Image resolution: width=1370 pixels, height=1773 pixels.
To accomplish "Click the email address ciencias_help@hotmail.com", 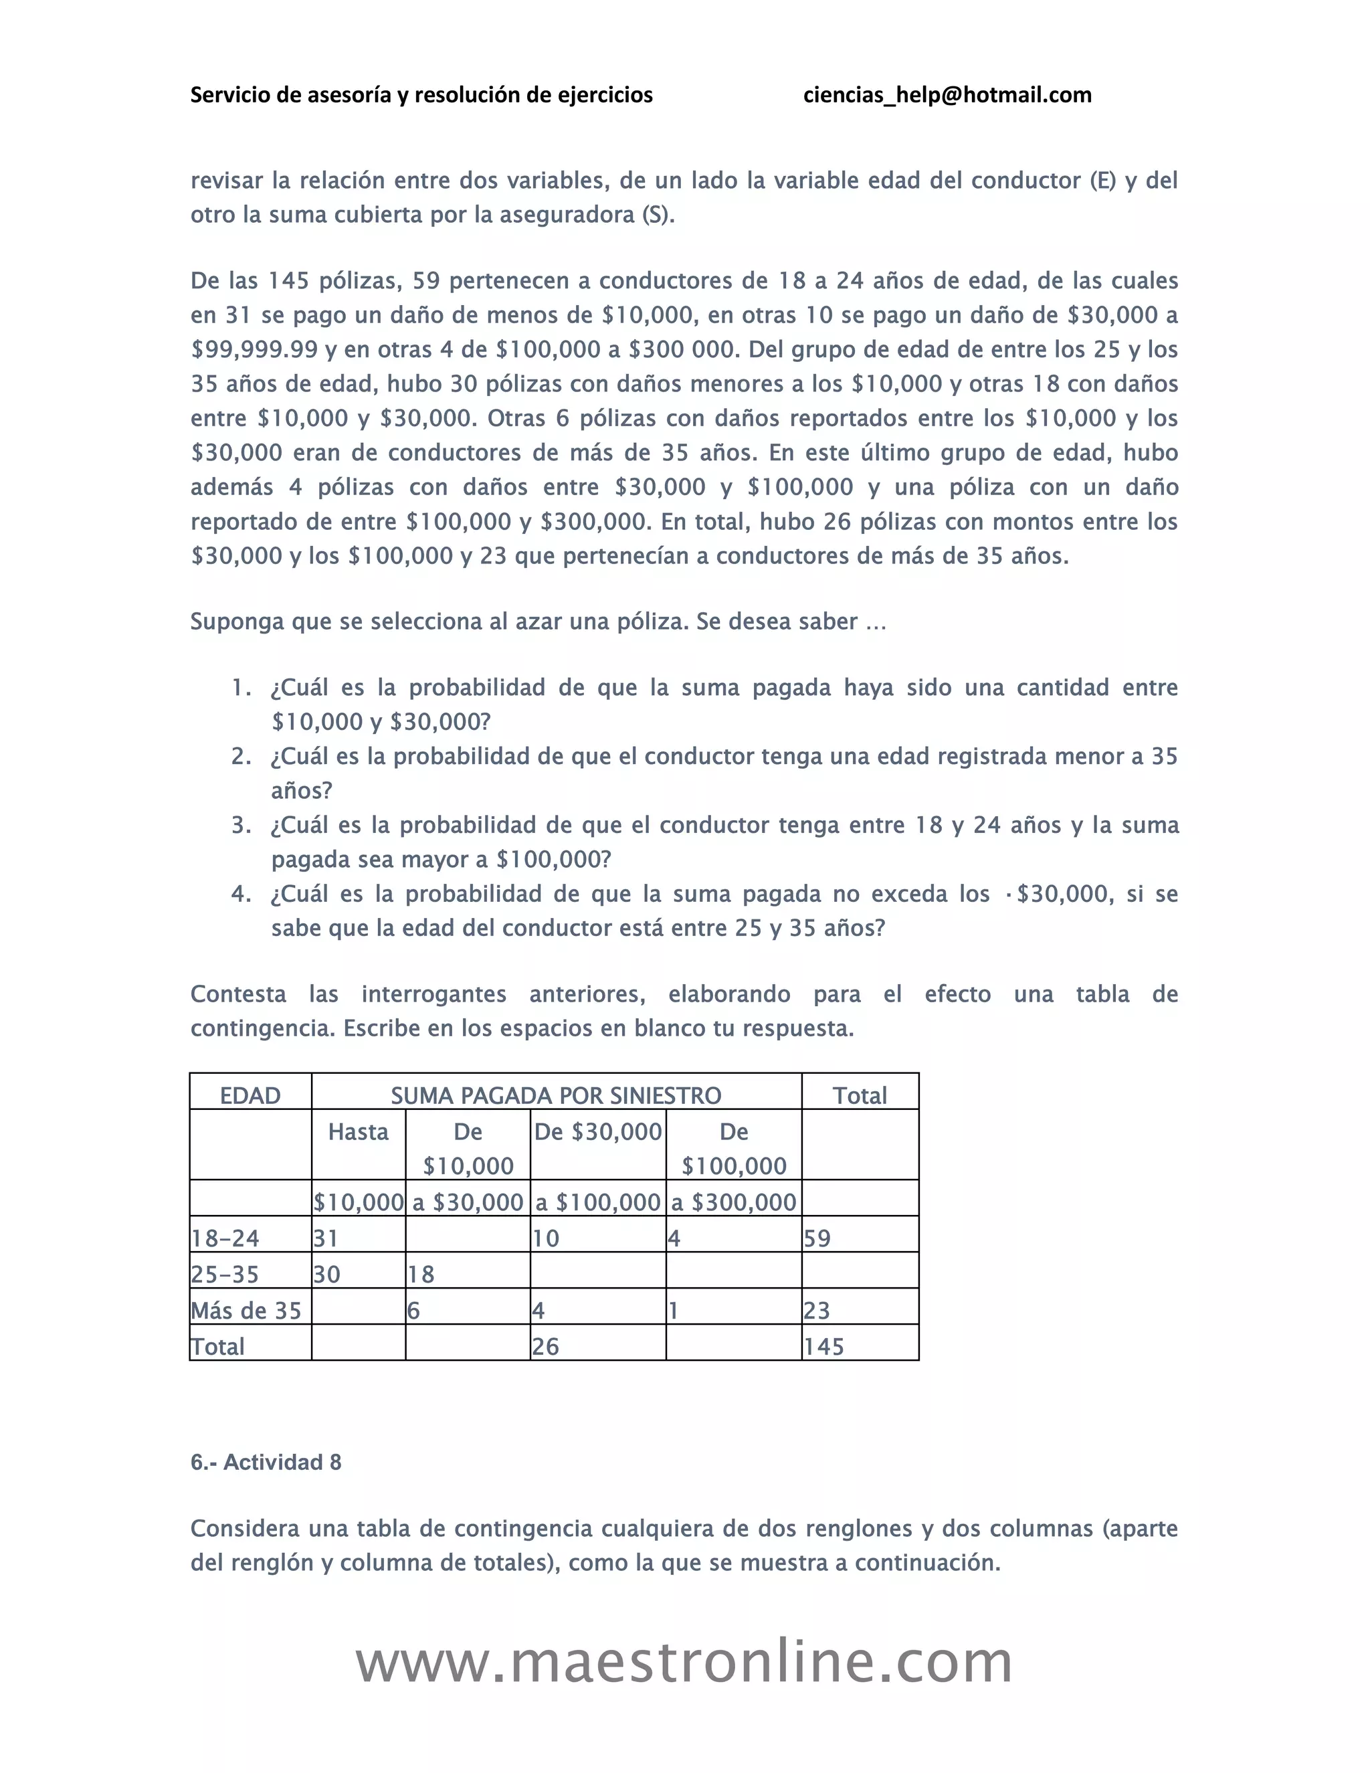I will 947,95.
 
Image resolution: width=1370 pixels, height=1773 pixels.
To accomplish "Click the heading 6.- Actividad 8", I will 266,1462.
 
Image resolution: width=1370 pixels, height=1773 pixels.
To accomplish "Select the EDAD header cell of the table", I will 250,1095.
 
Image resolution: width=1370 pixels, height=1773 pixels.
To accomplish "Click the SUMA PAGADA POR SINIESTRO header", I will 556,1095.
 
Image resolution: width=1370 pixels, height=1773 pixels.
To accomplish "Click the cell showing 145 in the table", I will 823,1346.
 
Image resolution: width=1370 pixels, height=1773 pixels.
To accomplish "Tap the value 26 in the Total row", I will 545,1346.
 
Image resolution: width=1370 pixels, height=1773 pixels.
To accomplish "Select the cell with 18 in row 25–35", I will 421,1274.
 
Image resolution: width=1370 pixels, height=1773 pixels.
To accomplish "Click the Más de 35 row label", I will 246,1310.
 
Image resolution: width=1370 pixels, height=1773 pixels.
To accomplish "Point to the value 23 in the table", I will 817,1310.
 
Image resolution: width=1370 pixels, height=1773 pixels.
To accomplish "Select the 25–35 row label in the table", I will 225,1274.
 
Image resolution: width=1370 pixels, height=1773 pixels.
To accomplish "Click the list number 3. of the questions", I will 241,825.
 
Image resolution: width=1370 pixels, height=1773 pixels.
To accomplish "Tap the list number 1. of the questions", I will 241,688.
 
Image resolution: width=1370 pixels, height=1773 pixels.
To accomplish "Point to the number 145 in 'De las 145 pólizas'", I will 289,281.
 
